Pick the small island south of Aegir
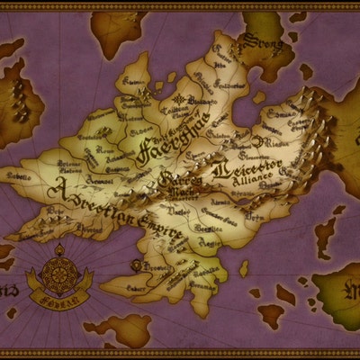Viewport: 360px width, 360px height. [x=243, y=268]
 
